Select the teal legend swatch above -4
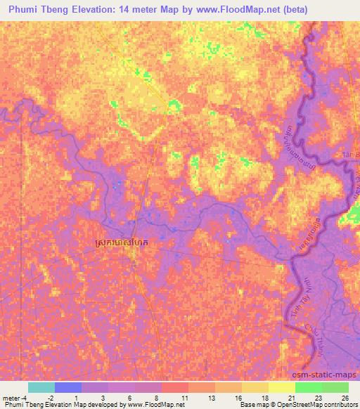[41, 387]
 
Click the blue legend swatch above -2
[67, 387]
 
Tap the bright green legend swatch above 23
[308, 387]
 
